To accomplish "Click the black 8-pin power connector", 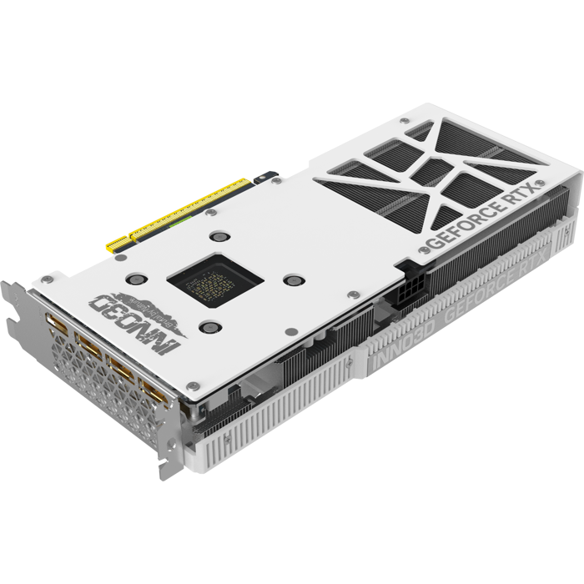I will (411, 295).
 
